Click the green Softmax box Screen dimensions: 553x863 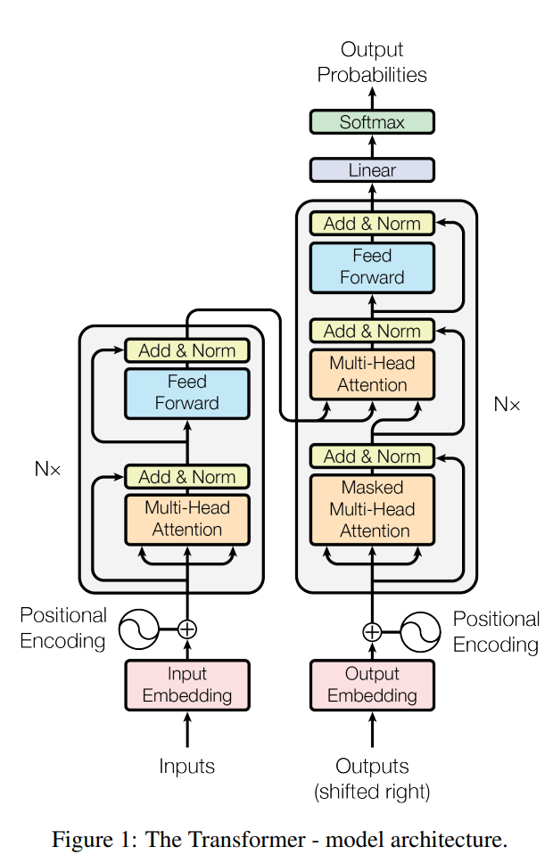click(372, 121)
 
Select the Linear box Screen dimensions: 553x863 click(372, 170)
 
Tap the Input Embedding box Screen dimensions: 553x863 click(187, 686)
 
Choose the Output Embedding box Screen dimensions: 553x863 click(372, 686)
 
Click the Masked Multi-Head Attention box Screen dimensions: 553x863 click(372, 510)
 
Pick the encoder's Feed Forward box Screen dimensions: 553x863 click(187, 393)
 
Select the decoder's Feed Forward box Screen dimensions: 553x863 click(372, 267)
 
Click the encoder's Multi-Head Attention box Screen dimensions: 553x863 click(187, 520)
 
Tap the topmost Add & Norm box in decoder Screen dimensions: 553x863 click(372, 224)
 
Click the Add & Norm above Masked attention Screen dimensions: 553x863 click(372, 456)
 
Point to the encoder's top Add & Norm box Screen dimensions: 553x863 click(187, 350)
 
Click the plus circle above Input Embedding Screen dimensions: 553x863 click(187, 629)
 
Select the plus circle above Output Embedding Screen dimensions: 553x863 click(372, 632)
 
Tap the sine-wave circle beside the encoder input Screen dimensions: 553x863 click(139, 629)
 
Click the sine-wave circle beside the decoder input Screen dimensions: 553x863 click(420, 632)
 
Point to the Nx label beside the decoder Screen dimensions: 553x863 click(507, 405)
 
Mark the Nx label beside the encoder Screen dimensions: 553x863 click(47, 469)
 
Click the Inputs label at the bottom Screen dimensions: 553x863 click(186, 766)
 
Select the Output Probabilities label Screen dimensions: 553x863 click(372, 62)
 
